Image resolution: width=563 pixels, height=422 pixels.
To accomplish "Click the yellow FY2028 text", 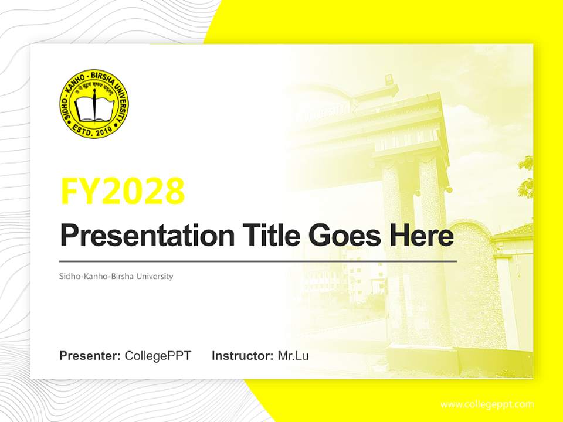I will tap(123, 191).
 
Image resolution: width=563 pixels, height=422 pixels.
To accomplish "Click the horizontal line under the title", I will tap(258, 261).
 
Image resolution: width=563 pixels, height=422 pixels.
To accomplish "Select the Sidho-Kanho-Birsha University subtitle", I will tap(116, 276).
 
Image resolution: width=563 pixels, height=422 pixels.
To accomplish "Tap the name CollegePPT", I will tap(158, 356).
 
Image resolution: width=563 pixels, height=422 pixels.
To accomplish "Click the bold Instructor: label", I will tap(242, 356).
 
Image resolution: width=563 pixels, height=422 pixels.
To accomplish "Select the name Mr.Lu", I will tap(293, 356).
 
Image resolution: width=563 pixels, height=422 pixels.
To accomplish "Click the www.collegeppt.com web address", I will tap(487, 404).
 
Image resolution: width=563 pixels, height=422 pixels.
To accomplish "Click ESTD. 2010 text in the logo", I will tap(94, 130).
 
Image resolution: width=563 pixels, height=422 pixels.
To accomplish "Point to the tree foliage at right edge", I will tap(525, 176).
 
